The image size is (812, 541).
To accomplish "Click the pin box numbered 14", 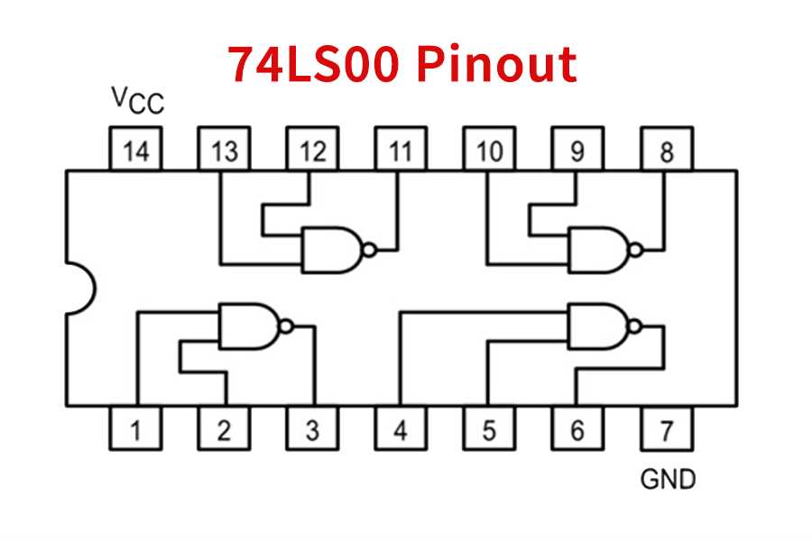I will [x=135, y=150].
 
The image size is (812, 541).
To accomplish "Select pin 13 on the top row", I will [x=224, y=150].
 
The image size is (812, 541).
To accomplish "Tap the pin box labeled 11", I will [x=401, y=150].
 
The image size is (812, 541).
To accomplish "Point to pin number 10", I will [x=489, y=150].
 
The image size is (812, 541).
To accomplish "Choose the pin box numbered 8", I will [x=666, y=150].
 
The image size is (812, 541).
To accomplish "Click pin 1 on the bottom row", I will [x=135, y=429].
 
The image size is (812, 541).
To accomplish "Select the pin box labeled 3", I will [x=312, y=429].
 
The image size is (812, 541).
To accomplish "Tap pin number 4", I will [x=401, y=429].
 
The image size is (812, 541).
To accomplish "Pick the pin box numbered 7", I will [x=666, y=429].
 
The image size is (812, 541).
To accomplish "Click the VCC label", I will [x=137, y=100].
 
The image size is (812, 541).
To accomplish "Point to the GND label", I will [x=668, y=479].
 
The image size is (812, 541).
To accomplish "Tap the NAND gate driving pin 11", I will [x=332, y=250].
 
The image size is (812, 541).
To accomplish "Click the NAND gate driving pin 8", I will [x=597, y=250].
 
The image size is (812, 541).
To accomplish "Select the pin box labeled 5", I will [x=489, y=429].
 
